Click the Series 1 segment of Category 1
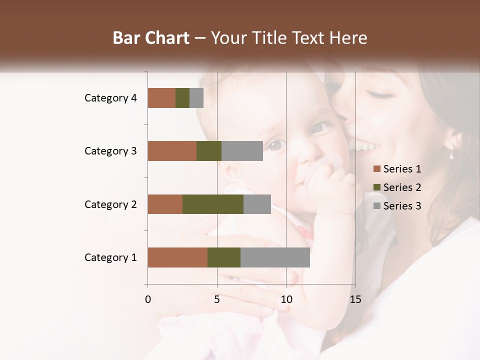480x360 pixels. point(177,257)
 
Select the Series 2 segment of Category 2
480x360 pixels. point(213,204)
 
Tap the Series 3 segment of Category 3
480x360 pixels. point(242,151)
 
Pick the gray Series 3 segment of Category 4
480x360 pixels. point(196,98)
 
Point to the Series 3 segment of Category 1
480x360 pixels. point(275,257)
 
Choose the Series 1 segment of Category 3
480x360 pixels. point(172,151)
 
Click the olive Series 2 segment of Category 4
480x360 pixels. point(182,98)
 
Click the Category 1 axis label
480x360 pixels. point(110,257)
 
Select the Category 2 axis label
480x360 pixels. point(110,204)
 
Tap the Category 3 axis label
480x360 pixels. point(110,151)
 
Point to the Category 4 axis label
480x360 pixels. point(110,98)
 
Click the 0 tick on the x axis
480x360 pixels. point(148,299)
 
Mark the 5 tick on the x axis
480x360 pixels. point(217,299)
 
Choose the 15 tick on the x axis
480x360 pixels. point(355,299)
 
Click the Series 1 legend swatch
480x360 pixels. point(376,169)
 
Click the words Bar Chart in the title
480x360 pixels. point(151,38)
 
